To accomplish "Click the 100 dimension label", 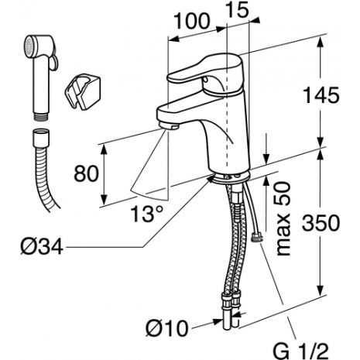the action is (x=192, y=21).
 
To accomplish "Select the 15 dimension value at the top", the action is (x=238, y=9).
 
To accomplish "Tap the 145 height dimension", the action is (x=321, y=95).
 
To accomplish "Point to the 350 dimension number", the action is (x=321, y=223).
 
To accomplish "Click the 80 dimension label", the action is (x=86, y=173).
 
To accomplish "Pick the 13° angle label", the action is (x=147, y=214).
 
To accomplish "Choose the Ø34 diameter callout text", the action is (x=42, y=246).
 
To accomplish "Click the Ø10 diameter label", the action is (x=167, y=328).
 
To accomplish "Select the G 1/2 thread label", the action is (x=301, y=351).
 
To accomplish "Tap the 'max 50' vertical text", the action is (x=283, y=218).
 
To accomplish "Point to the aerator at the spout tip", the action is (x=169, y=126).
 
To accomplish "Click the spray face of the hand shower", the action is (x=29, y=47).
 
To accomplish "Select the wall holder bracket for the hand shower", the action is (x=82, y=91).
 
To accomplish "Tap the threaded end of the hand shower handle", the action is (x=41, y=116).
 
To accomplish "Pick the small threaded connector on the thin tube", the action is (x=257, y=237).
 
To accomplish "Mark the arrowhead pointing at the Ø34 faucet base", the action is (x=211, y=178).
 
